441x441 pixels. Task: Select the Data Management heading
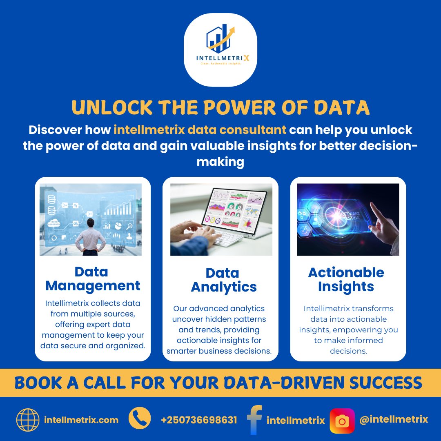pyautogui.click(x=93, y=278)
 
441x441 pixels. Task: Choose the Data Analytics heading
pyautogui.click(x=223, y=280)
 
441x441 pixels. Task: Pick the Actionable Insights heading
pyautogui.click(x=346, y=279)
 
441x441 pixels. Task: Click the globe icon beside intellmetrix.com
pyautogui.click(x=28, y=420)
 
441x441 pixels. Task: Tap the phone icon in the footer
pyautogui.click(x=140, y=419)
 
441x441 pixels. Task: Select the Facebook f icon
pyautogui.click(x=254, y=420)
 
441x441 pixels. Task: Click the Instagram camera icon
pyautogui.click(x=342, y=420)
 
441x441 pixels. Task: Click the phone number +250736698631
pyautogui.click(x=199, y=420)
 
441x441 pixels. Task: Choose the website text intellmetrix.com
pyautogui.click(x=81, y=420)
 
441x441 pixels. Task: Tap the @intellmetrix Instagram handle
pyautogui.click(x=394, y=419)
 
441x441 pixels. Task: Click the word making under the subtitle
pyautogui.click(x=220, y=162)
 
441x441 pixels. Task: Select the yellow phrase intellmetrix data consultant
pyautogui.click(x=200, y=130)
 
